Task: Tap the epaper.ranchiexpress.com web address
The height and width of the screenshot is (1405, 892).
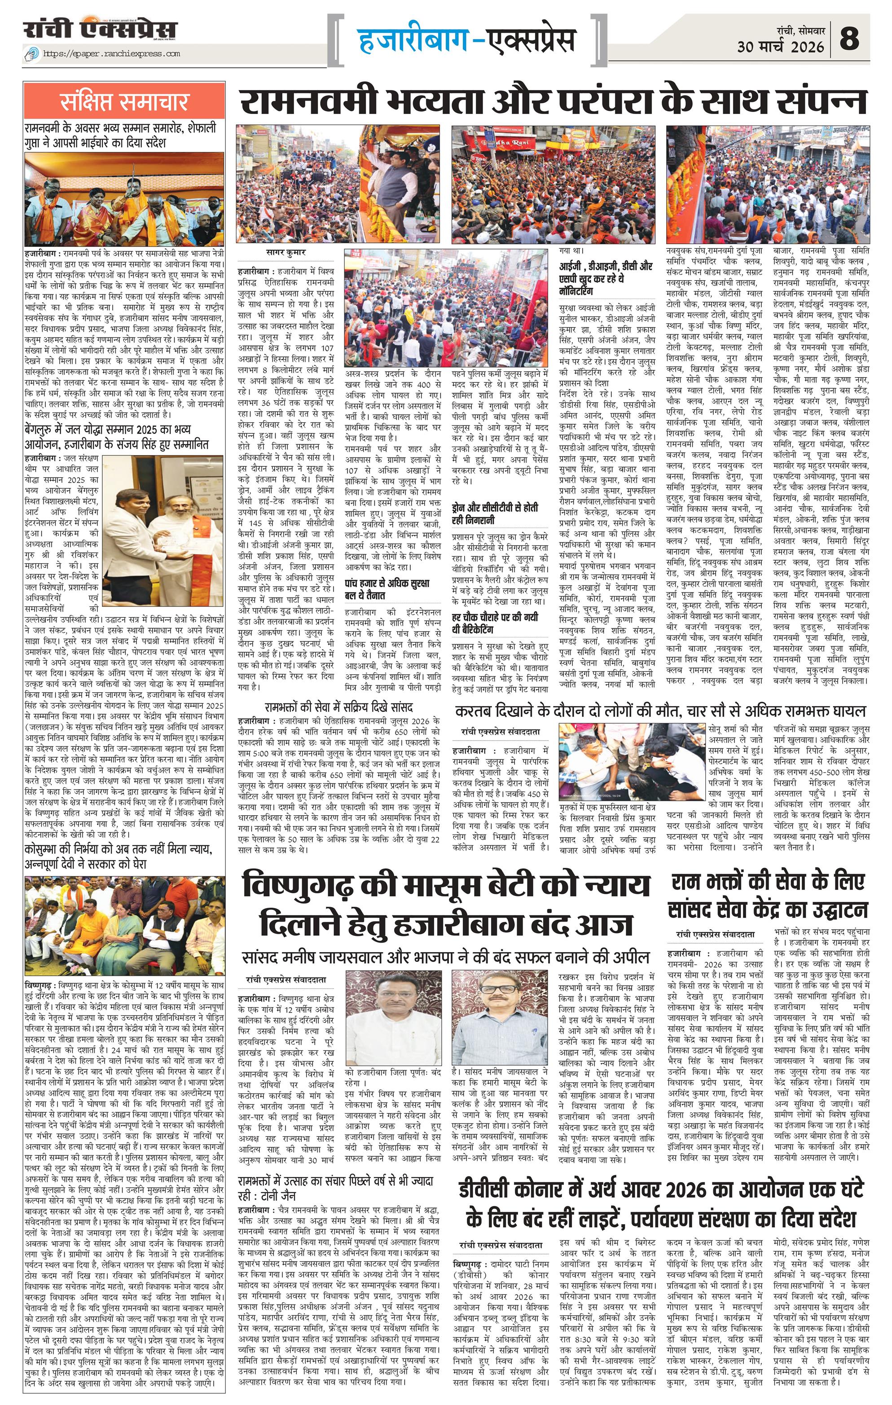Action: pyautogui.click(x=111, y=54)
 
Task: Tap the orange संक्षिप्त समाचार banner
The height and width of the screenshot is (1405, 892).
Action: pyautogui.click(x=124, y=101)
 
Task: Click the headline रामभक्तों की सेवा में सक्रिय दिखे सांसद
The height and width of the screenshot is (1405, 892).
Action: pyautogui.click(x=338, y=707)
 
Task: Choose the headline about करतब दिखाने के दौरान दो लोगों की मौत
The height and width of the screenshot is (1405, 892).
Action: pyautogui.click(x=660, y=711)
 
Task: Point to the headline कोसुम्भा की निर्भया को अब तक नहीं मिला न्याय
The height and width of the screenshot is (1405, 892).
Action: pyautogui.click(x=118, y=856)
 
